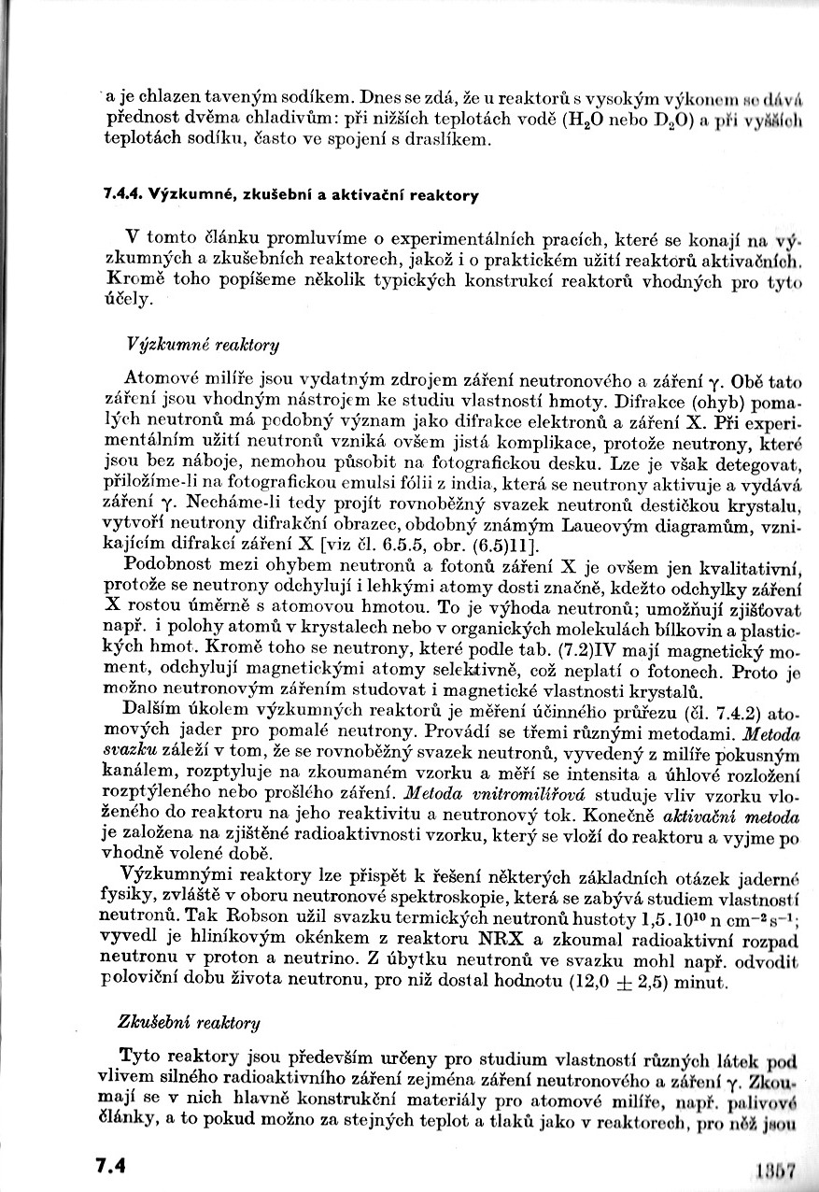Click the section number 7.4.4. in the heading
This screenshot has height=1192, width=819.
pos(122,196)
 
